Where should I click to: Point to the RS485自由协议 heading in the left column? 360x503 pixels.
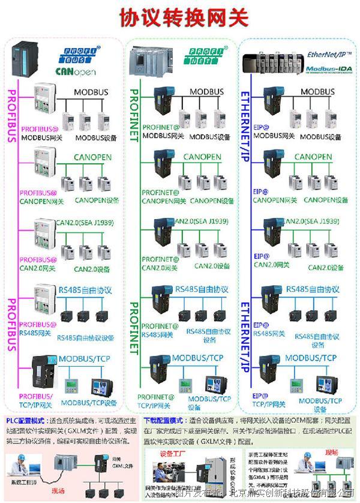[85, 291]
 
